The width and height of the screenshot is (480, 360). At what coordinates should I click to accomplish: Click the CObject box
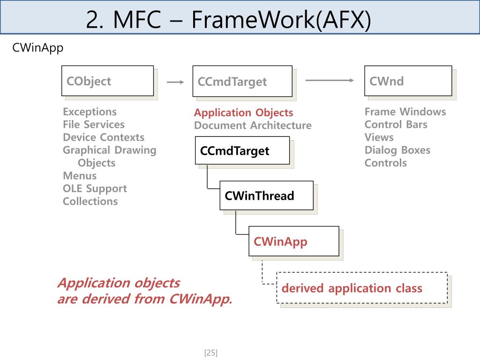pyautogui.click(x=107, y=81)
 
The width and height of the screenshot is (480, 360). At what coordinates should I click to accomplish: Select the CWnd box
pyautogui.click(x=408, y=81)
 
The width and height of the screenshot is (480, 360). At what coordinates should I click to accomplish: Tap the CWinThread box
pyautogui.click(x=266, y=195)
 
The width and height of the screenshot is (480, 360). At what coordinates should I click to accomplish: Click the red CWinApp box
pyautogui.click(x=293, y=241)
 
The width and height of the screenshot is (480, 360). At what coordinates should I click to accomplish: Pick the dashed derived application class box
pyautogui.click(x=361, y=288)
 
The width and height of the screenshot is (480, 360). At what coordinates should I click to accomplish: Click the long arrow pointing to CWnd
pyautogui.click(x=330, y=80)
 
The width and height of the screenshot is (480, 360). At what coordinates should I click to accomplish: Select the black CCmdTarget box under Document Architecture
pyautogui.click(x=242, y=150)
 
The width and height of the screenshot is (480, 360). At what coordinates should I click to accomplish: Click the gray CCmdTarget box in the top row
pyautogui.click(x=242, y=82)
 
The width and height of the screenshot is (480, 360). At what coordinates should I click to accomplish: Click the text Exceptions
pyautogui.click(x=90, y=112)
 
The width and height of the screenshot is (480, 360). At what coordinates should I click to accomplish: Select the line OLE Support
pyautogui.click(x=95, y=188)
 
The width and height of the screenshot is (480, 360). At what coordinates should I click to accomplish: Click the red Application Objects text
pyautogui.click(x=243, y=112)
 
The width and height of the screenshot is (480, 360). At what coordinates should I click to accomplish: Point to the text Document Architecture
pyautogui.click(x=253, y=125)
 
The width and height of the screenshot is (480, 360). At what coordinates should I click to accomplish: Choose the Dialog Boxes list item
pyautogui.click(x=397, y=150)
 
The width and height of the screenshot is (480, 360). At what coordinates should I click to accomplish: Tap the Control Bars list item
pyautogui.click(x=396, y=124)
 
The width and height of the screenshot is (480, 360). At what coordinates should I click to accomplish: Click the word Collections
pyautogui.click(x=90, y=201)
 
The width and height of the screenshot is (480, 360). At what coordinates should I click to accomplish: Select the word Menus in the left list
pyautogui.click(x=80, y=176)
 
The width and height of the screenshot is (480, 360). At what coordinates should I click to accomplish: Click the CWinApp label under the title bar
pyautogui.click(x=37, y=48)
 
